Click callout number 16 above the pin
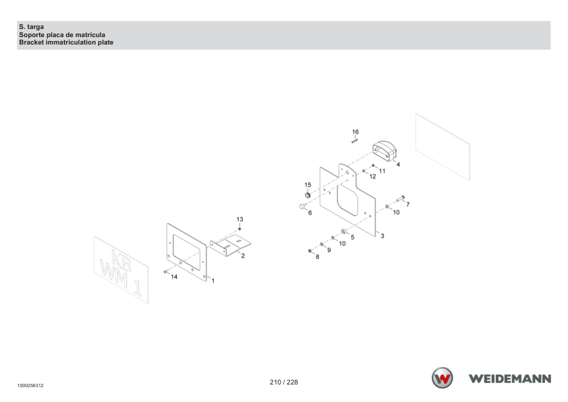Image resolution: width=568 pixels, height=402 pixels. (x=356, y=132)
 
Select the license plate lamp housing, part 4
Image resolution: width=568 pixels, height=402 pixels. (x=385, y=151)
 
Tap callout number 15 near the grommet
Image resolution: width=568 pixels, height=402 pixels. (x=308, y=185)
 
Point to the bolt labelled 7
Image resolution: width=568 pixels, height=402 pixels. (x=401, y=198)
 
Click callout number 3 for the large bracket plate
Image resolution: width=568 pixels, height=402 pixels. (x=382, y=236)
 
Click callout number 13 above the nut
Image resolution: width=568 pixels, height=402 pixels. (x=239, y=219)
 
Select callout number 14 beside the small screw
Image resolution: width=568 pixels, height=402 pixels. (x=174, y=277)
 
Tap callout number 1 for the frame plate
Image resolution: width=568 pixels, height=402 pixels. (x=213, y=281)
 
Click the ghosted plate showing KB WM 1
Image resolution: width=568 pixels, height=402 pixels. (x=121, y=269)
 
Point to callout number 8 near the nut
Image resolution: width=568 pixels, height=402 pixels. (x=317, y=257)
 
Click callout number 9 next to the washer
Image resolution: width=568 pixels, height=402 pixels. (x=329, y=250)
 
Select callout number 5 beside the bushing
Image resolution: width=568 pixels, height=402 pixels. (x=352, y=237)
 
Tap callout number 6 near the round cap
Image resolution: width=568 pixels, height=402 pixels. (x=310, y=213)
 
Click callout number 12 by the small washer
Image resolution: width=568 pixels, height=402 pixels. (x=373, y=176)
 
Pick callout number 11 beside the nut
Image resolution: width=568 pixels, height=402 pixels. (x=382, y=171)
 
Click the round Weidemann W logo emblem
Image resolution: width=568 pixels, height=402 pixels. (x=442, y=378)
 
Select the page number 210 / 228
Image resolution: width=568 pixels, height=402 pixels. (x=283, y=382)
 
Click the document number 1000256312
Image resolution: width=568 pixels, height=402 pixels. (x=30, y=385)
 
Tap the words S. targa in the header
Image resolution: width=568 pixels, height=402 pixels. (x=32, y=27)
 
